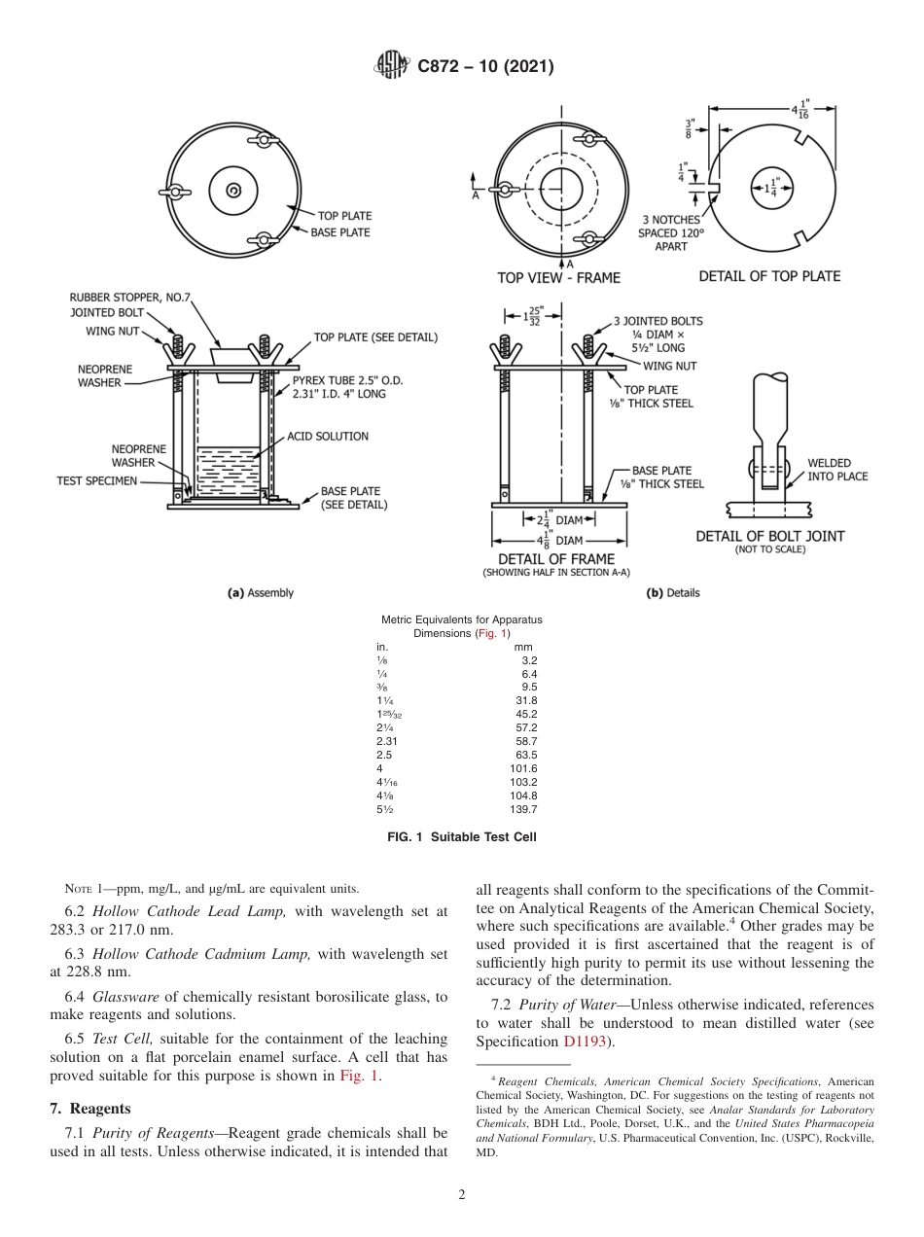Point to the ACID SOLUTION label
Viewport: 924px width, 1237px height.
[328, 437]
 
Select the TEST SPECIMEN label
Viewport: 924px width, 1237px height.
[96, 480]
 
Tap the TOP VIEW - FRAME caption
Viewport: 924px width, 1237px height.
[558, 277]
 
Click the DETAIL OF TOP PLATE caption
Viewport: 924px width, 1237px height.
[769, 276]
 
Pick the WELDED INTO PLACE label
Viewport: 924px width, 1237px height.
[837, 470]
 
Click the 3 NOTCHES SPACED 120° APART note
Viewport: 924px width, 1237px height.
[670, 233]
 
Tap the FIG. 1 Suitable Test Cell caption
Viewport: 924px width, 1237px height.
[461, 836]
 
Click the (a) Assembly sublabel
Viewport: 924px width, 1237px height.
[260, 592]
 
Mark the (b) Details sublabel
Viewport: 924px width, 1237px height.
[673, 592]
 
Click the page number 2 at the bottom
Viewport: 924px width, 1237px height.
[461, 1195]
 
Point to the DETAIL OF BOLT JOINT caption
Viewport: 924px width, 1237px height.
[770, 536]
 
